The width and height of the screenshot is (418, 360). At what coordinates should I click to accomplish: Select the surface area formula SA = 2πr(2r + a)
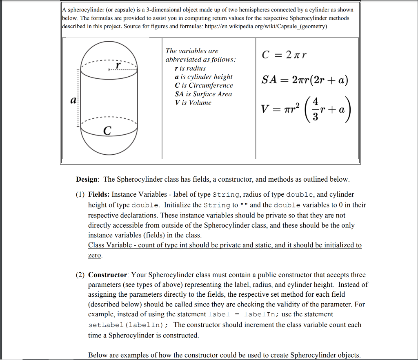pos(305,80)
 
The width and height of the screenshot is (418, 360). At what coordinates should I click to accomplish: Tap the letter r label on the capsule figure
pos(118,65)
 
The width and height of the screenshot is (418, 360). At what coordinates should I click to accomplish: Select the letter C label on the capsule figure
pos(107,131)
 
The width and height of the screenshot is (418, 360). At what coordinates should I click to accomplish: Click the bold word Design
pos(87,179)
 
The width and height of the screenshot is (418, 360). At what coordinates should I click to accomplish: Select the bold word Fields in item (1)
pos(99,194)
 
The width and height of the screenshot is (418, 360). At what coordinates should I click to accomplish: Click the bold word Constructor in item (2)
pos(109,275)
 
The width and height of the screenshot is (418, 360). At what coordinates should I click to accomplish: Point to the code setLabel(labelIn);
pos(130,325)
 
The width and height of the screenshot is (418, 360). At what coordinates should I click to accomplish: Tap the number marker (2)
pos(80,275)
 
